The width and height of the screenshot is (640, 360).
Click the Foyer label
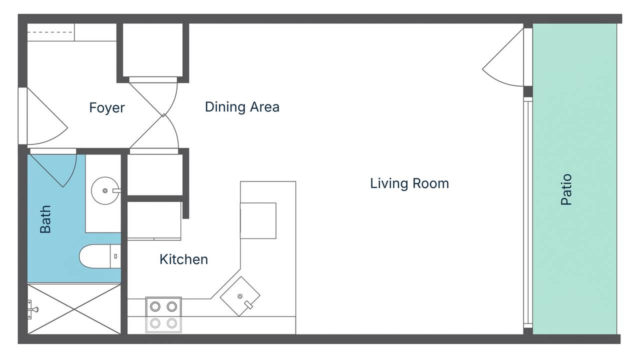(x=107, y=107)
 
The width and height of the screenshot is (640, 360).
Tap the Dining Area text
(x=242, y=106)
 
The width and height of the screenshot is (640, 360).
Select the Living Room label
(x=409, y=183)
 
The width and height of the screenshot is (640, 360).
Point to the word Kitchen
(x=183, y=259)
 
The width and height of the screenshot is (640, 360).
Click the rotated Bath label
(x=45, y=219)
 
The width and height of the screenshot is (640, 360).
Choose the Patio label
(x=566, y=189)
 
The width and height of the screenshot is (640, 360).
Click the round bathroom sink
(x=104, y=190)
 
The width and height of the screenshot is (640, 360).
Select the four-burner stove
(x=163, y=314)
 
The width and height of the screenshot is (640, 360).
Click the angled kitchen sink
(x=240, y=296)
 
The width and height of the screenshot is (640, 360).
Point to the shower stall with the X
(x=74, y=309)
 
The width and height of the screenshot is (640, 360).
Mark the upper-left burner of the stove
(x=155, y=306)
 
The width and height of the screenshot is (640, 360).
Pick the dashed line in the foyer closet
(x=50, y=32)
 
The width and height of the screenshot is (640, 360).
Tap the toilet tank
(x=115, y=256)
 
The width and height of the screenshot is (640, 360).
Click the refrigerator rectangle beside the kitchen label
(x=154, y=220)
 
